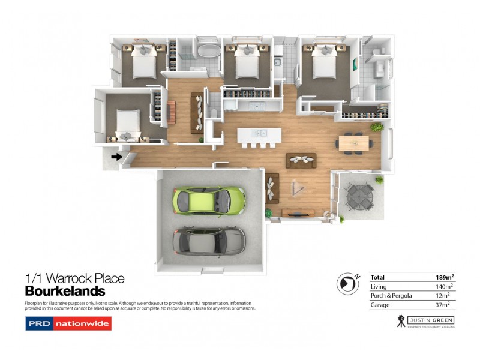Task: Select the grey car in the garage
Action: pyautogui.click(x=209, y=241)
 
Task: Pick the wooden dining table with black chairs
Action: pyautogui.click(x=353, y=143)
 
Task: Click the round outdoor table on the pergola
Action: pyautogui.click(x=358, y=194)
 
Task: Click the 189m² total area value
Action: pyautogui.click(x=445, y=277)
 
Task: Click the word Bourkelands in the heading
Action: pyautogui.click(x=65, y=292)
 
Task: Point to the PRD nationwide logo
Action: pyautogui.click(x=68, y=324)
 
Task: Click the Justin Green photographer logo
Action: pyautogui.click(x=425, y=321)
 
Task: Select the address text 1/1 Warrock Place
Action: pyautogui.click(x=74, y=278)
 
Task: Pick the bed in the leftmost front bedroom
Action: pyautogui.click(x=128, y=122)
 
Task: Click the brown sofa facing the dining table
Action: pyautogui.click(x=301, y=160)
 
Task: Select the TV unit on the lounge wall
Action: pyautogui.click(x=298, y=212)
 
